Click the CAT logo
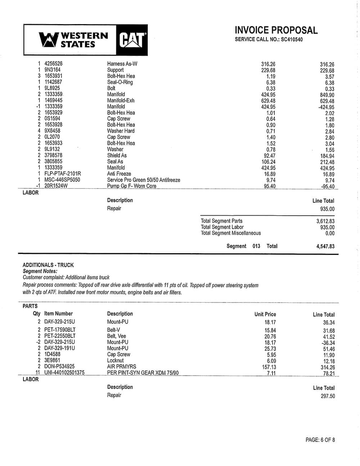pos(132,40)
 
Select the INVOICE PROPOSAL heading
pos(276,30)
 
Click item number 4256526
pos(53,64)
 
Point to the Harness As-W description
pos(122,64)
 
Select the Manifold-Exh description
pos(121,100)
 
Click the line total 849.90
pos(327,95)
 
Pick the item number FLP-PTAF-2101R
pos(63,174)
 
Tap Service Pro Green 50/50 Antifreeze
pos(144,180)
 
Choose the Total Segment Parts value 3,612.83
pos(325,221)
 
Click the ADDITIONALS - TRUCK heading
pos(48,265)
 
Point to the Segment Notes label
pos(40,271)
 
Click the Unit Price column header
pos(265,314)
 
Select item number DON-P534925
pos(59,367)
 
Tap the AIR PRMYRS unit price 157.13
pos(269,367)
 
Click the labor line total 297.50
pos(328,396)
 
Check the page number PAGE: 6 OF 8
pos(320,440)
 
